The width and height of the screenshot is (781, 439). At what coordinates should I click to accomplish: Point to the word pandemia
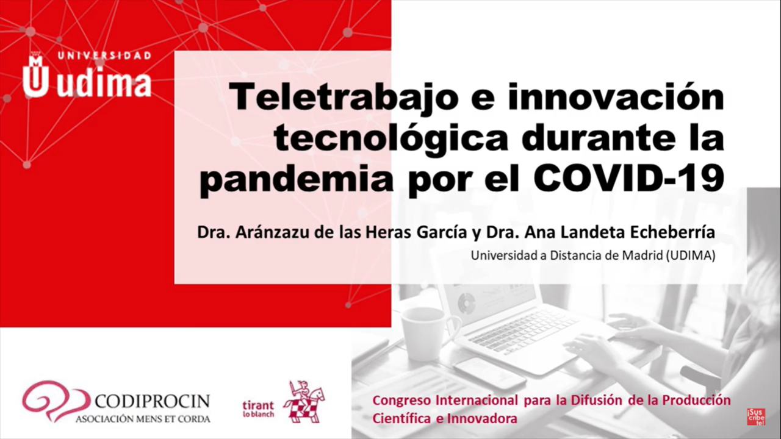click(297, 179)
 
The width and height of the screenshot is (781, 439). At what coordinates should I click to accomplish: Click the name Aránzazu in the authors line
click(273, 232)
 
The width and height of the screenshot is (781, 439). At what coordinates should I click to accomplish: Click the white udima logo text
click(104, 84)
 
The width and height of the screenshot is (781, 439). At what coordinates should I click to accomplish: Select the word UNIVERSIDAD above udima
click(104, 55)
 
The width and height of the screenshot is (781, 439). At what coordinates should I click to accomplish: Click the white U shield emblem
click(35, 75)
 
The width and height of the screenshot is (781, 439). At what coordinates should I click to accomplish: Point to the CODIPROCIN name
click(153, 401)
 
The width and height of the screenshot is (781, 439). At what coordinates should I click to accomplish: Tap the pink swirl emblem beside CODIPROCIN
click(56, 401)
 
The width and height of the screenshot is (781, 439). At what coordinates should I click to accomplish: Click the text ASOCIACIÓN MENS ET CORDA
click(143, 419)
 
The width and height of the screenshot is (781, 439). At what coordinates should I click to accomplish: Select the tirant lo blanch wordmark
click(258, 409)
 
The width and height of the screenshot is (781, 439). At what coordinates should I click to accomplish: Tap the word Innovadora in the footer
click(483, 418)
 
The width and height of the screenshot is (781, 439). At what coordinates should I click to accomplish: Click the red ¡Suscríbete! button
click(756, 416)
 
